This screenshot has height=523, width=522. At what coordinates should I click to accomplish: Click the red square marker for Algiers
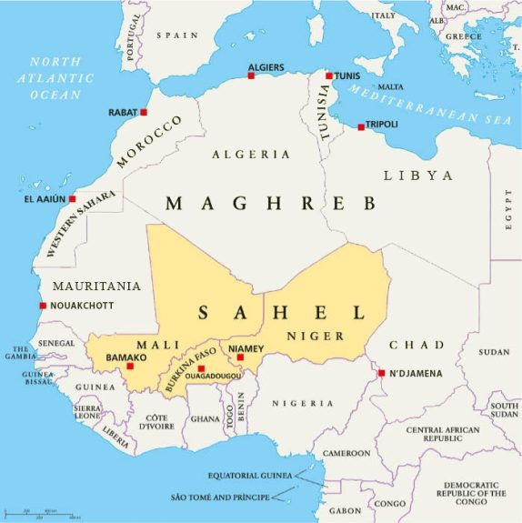[251, 75]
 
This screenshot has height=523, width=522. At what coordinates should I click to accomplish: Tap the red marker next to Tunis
[328, 75]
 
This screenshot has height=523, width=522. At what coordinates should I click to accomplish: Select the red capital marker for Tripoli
[361, 126]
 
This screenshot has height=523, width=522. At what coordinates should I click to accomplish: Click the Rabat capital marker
[144, 112]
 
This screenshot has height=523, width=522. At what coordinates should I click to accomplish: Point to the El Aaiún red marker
[72, 198]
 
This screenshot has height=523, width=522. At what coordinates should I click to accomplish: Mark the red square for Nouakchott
[42, 306]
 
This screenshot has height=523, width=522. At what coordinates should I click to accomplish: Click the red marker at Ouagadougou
[201, 368]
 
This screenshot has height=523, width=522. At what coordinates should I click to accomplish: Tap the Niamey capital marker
[240, 357]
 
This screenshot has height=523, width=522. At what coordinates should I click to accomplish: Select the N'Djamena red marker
[381, 372]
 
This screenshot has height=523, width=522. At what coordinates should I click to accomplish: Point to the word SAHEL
[281, 313]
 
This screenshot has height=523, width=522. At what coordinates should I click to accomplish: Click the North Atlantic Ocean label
[55, 77]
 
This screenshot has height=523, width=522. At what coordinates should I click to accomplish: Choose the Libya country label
[417, 175]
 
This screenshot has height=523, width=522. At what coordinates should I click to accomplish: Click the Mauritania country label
[95, 286]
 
